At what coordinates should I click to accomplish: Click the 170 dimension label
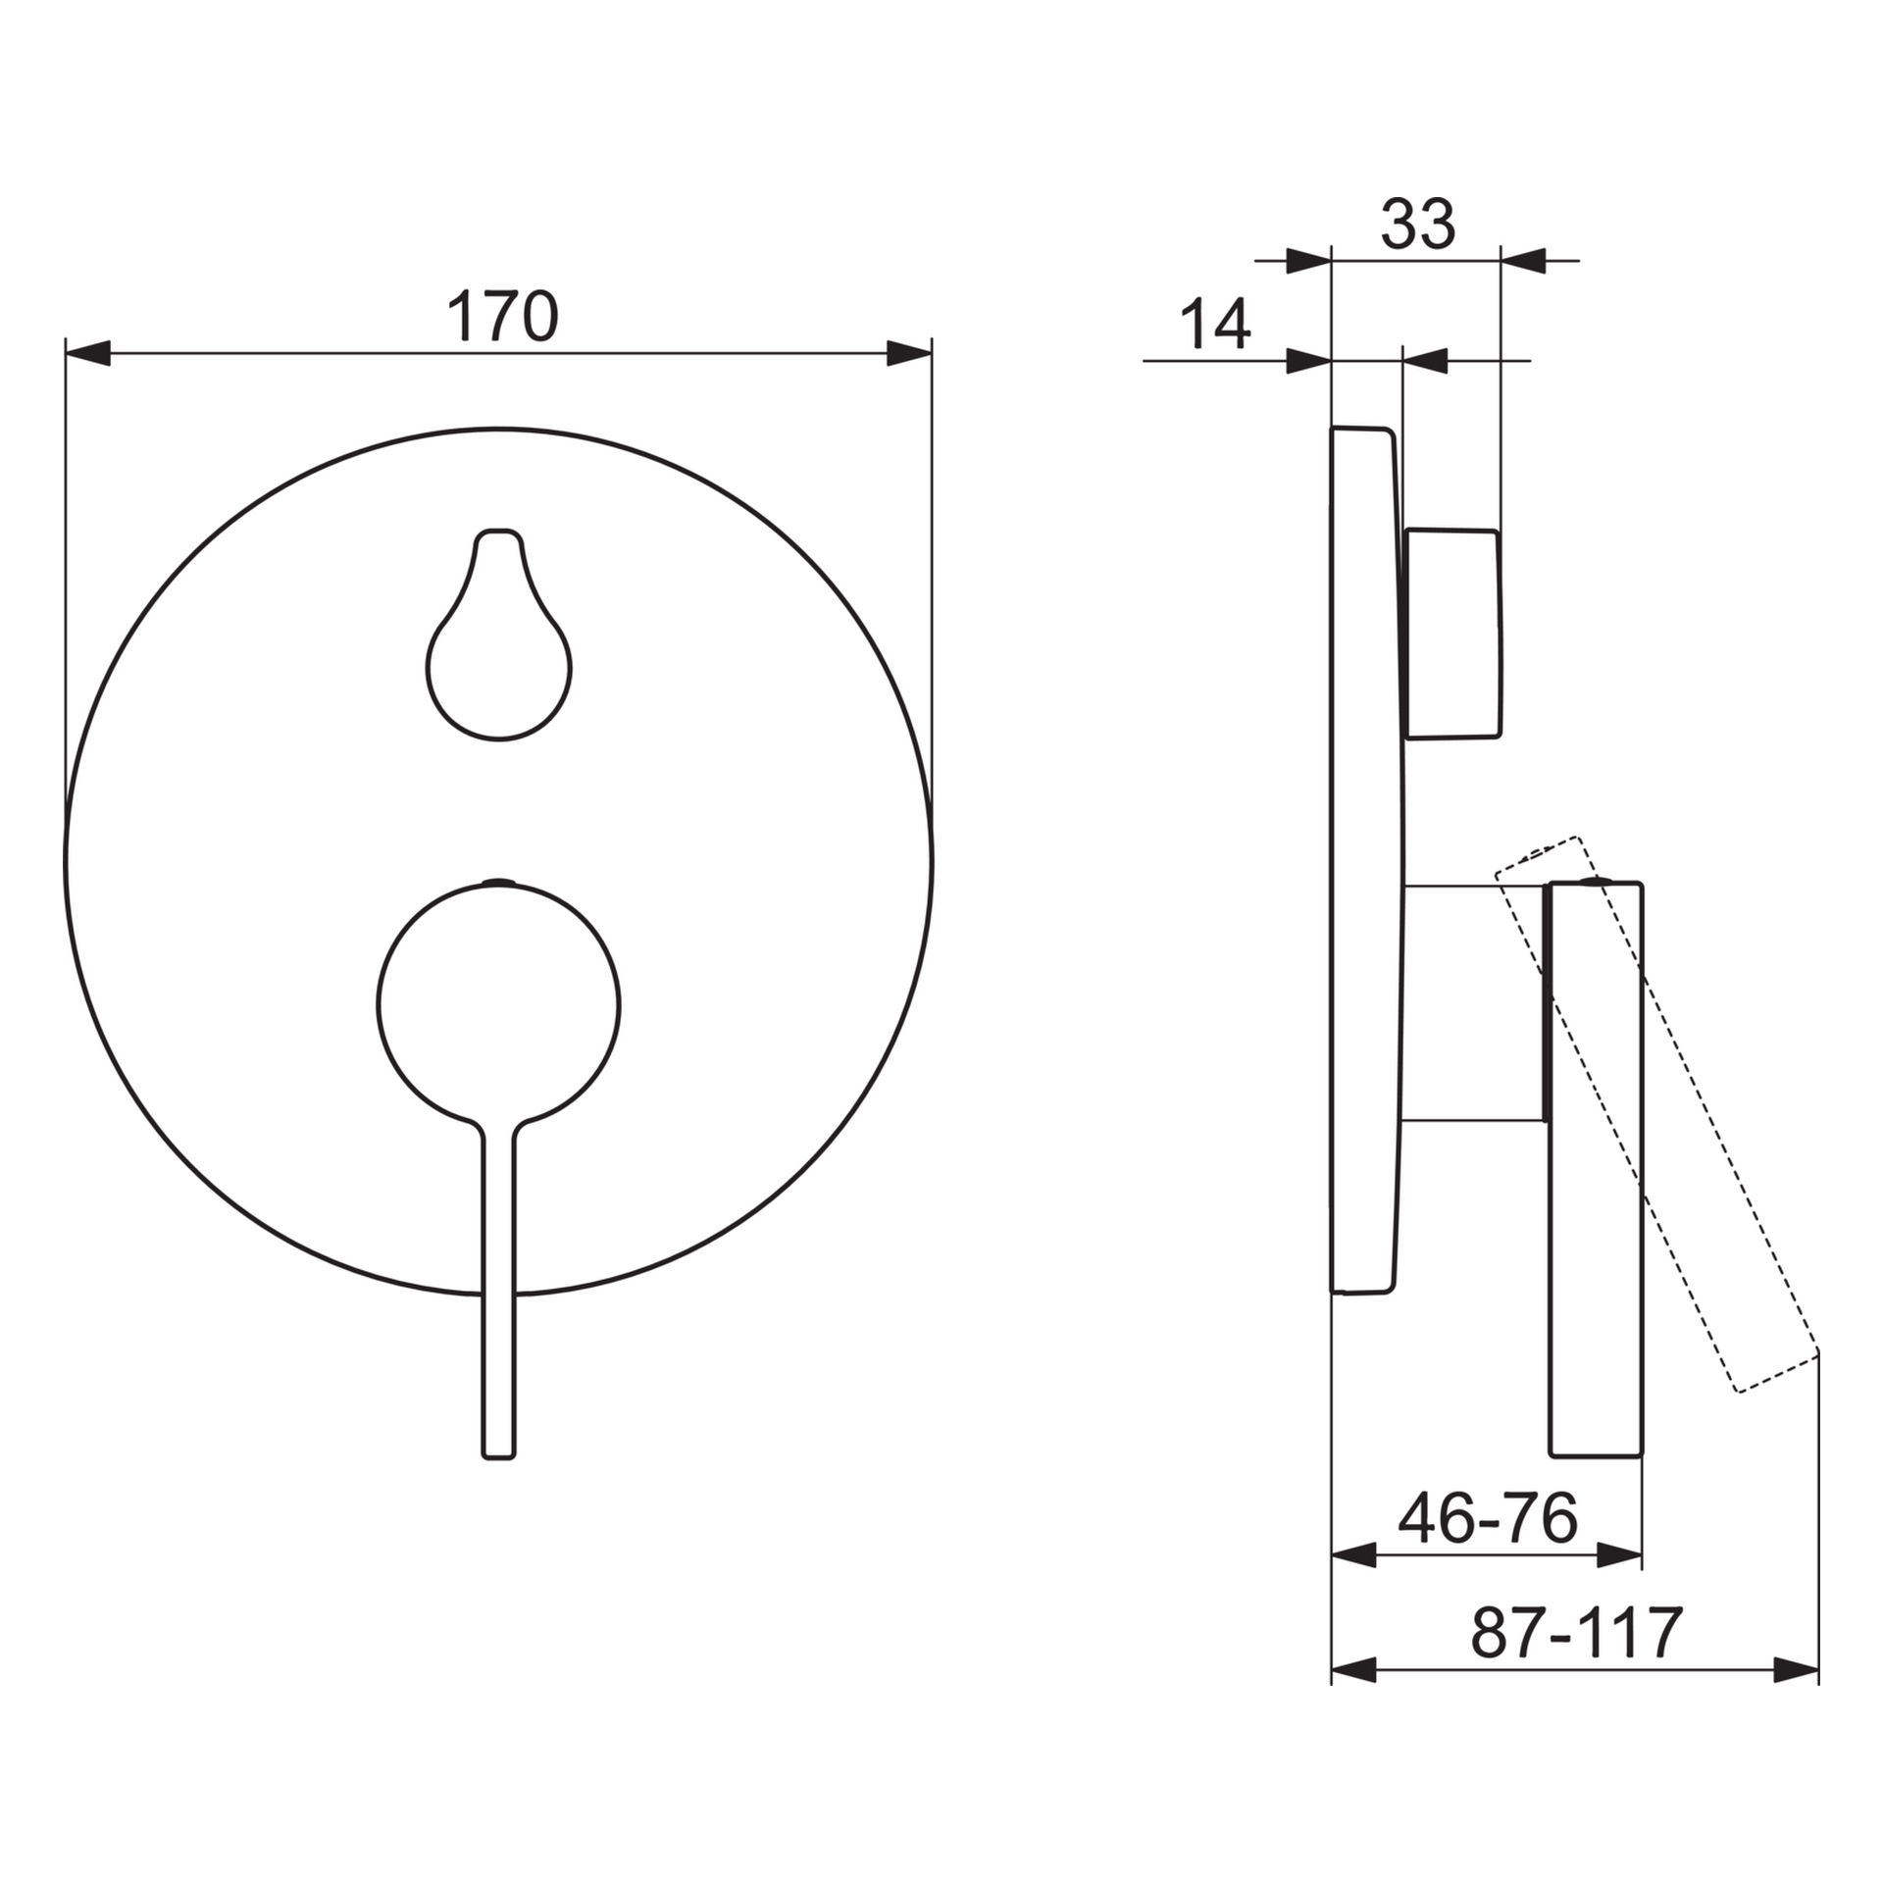pyautogui.click(x=502, y=316)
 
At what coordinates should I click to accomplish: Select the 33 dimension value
pyautogui.click(x=1418, y=224)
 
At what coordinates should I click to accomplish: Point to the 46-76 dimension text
pyautogui.click(x=1488, y=1519)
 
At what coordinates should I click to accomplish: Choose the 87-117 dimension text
pyautogui.click(x=1577, y=1633)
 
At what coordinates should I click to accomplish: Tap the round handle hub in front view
pyautogui.click(x=498, y=1003)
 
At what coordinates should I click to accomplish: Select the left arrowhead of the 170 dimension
pyautogui.click(x=87, y=353)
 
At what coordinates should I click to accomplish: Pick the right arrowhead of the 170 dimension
pyautogui.click(x=909, y=353)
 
